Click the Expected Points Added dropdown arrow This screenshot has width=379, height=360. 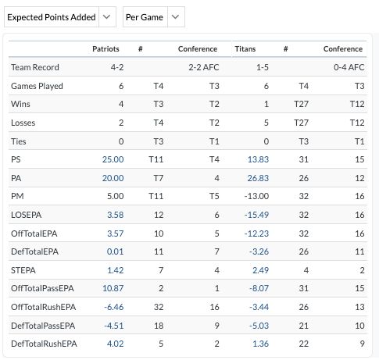[x=106, y=17]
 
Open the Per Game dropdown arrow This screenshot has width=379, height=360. [x=176, y=17]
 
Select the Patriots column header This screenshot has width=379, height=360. [x=105, y=49]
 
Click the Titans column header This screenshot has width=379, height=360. [x=245, y=49]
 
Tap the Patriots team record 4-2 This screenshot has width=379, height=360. [x=117, y=67]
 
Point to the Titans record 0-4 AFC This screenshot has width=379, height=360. [x=349, y=67]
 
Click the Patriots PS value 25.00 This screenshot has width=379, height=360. [x=113, y=159]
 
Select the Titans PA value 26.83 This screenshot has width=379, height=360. [x=258, y=178]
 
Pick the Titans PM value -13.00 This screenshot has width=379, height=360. [x=256, y=196]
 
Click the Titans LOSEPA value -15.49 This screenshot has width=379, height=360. [x=256, y=215]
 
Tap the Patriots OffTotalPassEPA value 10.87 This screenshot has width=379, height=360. [x=113, y=288]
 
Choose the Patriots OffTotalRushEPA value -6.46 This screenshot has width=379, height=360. [x=114, y=307]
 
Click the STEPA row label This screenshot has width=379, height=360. [x=23, y=270]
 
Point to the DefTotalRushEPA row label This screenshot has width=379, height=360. [x=44, y=344]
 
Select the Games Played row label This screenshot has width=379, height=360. [x=37, y=86]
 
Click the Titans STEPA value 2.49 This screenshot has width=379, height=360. [x=260, y=270]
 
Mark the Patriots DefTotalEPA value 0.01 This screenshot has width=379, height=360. [x=115, y=251]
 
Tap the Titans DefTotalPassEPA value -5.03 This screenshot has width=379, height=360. [x=259, y=326]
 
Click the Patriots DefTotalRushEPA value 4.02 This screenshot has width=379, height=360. [x=115, y=344]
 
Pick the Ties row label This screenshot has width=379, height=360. [x=19, y=141]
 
